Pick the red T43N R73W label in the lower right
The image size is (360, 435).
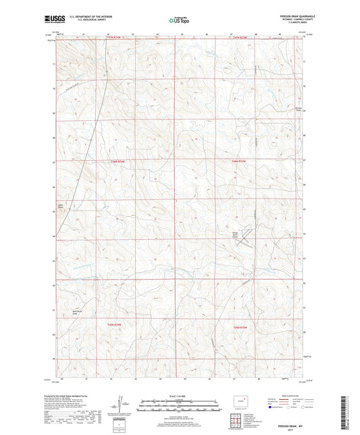241,328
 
